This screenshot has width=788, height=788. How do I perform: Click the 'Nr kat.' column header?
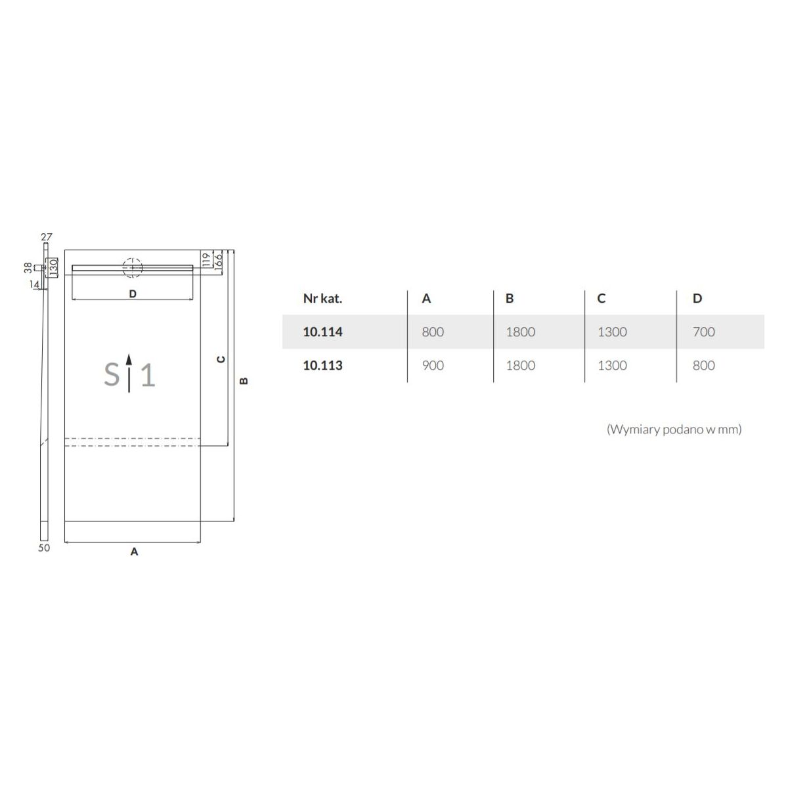[322, 299]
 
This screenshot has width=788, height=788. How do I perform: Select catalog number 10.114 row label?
[322, 332]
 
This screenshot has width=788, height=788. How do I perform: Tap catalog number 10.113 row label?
[322, 365]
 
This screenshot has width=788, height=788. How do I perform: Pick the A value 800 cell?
[433, 332]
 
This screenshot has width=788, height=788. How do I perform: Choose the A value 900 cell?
[433, 365]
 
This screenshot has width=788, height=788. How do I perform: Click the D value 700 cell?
[703, 332]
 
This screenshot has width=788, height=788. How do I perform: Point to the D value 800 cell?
[703, 365]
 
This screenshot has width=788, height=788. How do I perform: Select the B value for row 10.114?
[520, 332]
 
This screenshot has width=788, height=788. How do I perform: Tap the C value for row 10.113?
[612, 365]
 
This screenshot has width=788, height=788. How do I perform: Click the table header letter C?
[601, 299]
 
